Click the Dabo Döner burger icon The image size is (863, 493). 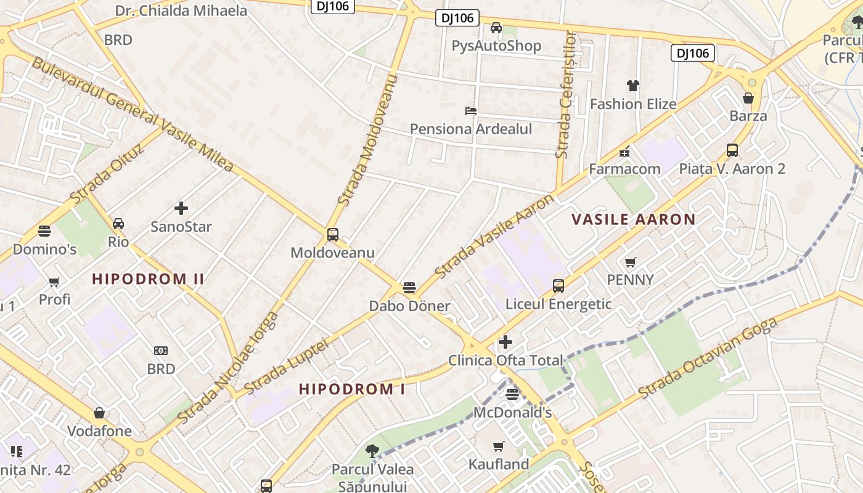409,288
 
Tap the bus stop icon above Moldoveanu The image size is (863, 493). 333,235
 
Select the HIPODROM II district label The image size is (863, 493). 148,279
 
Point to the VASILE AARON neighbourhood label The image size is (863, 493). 633,219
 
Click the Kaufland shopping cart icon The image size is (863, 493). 498,446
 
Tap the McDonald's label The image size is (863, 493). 512,412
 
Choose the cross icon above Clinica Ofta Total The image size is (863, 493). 505,342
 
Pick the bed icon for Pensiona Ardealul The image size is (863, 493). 471,111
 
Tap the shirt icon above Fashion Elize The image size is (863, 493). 633,86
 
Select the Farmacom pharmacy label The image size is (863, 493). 624,169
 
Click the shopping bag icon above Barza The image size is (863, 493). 748,98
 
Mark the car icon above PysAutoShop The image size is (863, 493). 496,28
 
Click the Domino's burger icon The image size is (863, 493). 44,231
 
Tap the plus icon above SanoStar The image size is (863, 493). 181,208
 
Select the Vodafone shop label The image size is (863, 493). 99,431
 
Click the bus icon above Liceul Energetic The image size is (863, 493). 558,286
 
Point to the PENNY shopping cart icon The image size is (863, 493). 630,263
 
